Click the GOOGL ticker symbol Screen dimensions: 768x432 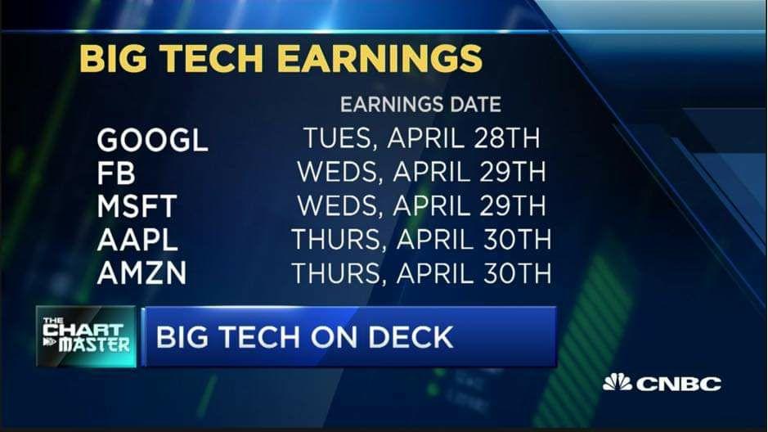pos(152,140)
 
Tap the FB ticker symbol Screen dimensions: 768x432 pos(116,173)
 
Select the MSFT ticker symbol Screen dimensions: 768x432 pos(137,206)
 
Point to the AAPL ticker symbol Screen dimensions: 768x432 pos(137,240)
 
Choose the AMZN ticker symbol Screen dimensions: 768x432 pos(142,272)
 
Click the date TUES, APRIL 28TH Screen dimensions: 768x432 pos(422,138)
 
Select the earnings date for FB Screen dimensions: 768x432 pos(421,172)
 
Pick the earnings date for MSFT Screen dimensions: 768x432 pos(421,205)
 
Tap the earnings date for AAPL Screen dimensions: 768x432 pos(421,239)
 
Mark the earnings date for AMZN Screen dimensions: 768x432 pos(421,272)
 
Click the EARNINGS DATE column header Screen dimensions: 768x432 pos(420,105)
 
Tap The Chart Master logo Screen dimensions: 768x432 pos(86,336)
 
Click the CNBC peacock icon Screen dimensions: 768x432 pos(618,382)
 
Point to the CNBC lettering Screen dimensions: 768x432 pos(678,384)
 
